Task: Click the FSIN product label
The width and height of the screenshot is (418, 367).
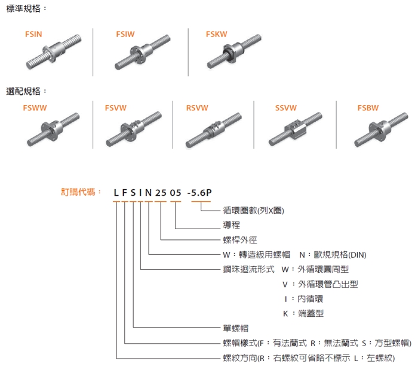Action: pos(34,35)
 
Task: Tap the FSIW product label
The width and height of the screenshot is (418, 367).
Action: pos(125,35)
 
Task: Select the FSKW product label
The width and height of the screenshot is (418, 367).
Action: pos(216,35)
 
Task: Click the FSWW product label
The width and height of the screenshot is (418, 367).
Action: pos(34,108)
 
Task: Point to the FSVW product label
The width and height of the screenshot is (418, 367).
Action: pos(115,108)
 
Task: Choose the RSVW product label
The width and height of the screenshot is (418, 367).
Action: pos(197,108)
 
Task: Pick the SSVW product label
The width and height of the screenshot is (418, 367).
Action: pos(286,108)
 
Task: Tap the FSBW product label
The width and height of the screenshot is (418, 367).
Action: pos(368,108)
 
